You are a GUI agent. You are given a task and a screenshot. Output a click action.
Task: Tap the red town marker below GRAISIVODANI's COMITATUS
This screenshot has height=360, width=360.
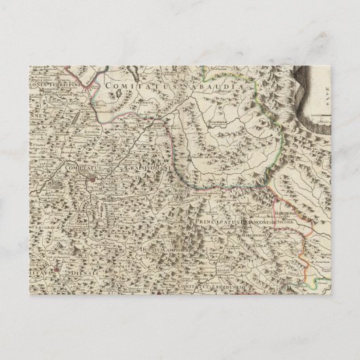90,179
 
